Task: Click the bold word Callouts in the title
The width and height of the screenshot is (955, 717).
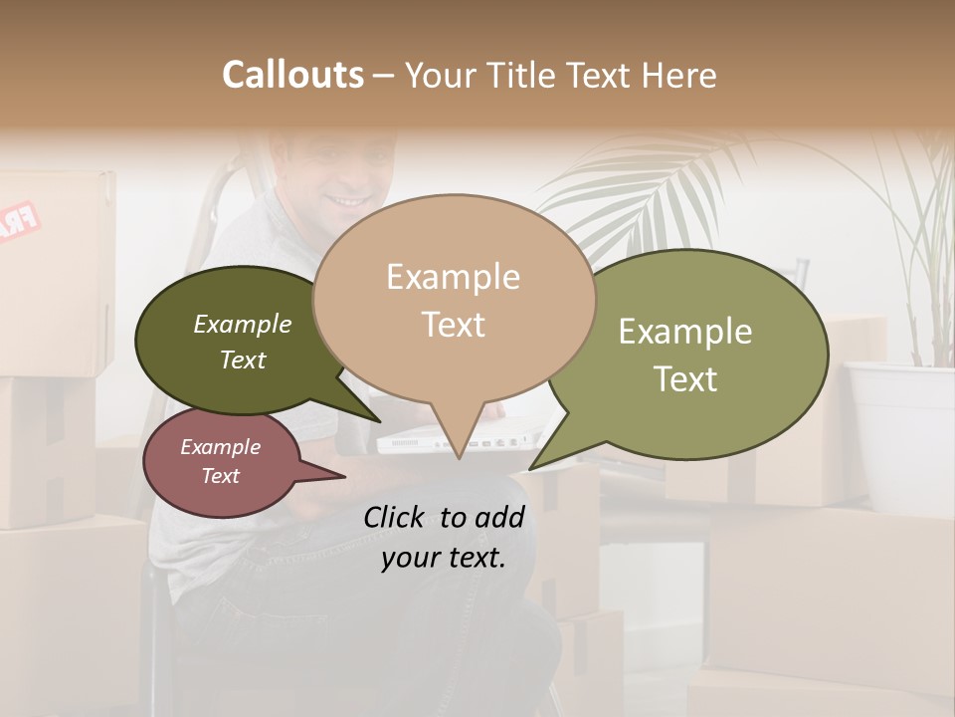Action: (x=292, y=75)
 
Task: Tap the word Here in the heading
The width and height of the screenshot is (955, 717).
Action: (x=680, y=75)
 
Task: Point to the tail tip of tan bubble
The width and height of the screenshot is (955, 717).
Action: (x=459, y=458)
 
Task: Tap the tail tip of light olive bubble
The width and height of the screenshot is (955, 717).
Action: (x=531, y=468)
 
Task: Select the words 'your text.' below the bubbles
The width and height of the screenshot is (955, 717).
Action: (x=443, y=558)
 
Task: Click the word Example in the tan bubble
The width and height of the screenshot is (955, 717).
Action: (x=453, y=277)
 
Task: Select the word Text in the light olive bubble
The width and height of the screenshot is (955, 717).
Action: (x=685, y=378)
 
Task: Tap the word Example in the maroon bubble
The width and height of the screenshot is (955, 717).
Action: (x=220, y=447)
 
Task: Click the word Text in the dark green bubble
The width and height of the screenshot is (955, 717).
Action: (x=243, y=359)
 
